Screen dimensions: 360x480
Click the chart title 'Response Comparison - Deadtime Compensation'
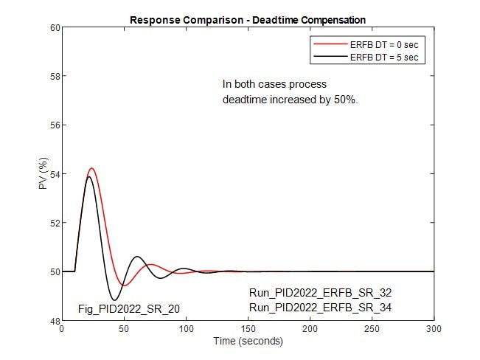coord(248,19)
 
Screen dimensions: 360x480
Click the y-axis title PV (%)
coord(44,175)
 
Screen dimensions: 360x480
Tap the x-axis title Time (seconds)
coord(248,342)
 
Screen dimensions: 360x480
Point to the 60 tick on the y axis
coord(55,28)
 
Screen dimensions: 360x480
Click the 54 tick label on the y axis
coord(55,174)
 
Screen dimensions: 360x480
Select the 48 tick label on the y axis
coord(55,320)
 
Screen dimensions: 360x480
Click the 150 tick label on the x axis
coord(248,329)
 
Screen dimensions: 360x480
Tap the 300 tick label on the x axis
coord(434,329)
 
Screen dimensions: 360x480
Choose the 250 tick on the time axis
coord(372,329)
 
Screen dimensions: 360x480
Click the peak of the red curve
coord(91,168)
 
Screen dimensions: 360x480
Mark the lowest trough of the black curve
coord(114,300)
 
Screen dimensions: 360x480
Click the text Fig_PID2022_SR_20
coord(129,308)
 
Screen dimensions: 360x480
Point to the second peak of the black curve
coord(137,257)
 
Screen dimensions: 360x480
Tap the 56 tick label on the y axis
coord(55,125)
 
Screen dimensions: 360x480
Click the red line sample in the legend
coord(330,44)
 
